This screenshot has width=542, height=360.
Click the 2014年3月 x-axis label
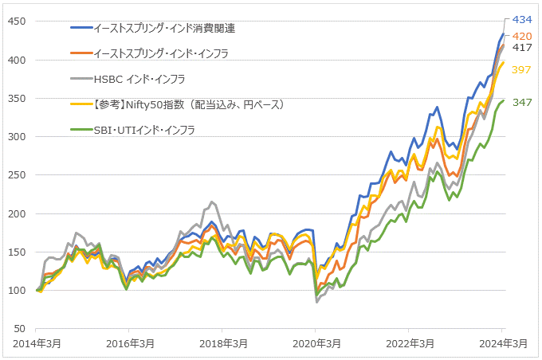(37, 343)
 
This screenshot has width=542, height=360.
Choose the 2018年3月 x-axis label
(223, 343)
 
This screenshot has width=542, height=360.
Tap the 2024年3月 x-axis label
(502, 343)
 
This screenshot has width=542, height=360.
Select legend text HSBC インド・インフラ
(139, 79)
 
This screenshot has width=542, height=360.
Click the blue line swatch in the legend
(81, 28)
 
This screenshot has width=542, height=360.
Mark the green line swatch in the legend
(81, 130)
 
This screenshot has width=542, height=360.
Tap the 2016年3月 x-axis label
(130, 343)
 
